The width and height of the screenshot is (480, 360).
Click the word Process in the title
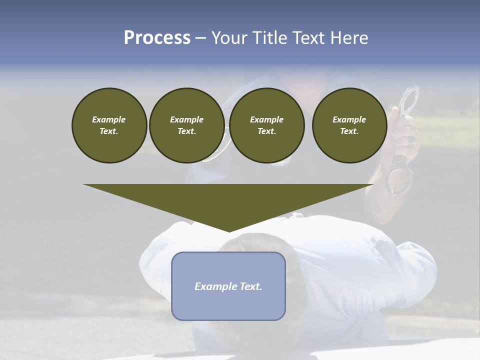pos(157,38)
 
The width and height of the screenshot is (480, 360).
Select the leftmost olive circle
pos(109,125)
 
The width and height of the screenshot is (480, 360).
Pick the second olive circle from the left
pos(186,125)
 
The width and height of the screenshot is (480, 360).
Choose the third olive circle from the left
pos(266,125)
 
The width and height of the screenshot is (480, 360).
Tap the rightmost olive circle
pos(349,125)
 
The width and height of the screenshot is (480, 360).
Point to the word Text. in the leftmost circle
pos(109,131)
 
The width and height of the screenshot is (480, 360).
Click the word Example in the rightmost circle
pos(349,119)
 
